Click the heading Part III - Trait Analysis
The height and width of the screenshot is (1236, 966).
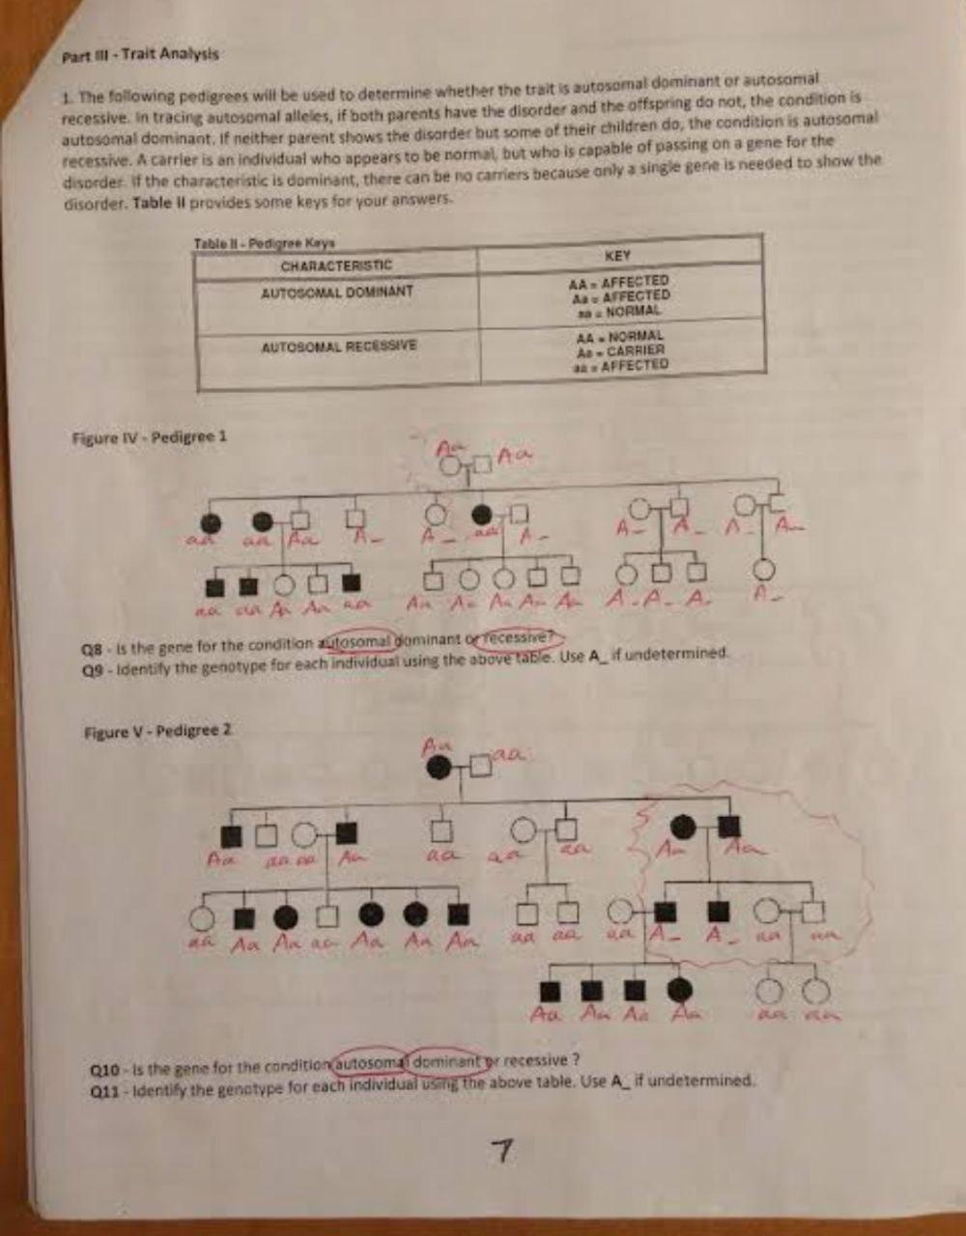tap(140, 55)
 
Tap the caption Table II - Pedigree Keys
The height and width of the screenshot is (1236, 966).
tap(264, 243)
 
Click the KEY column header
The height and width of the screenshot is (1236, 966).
tap(617, 256)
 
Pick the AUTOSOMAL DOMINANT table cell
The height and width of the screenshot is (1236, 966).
tap(336, 292)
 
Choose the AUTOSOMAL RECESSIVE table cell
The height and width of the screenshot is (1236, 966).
tap(338, 345)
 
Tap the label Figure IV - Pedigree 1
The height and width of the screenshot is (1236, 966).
tap(149, 436)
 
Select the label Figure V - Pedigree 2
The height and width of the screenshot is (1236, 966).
tap(157, 731)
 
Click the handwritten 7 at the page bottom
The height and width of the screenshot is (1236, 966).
tap(500, 1150)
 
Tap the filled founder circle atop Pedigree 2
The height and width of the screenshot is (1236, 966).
tap(439, 768)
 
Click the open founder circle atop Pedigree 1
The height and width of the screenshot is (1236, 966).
tap(449, 466)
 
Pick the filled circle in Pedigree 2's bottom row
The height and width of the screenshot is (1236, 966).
tap(680, 990)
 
